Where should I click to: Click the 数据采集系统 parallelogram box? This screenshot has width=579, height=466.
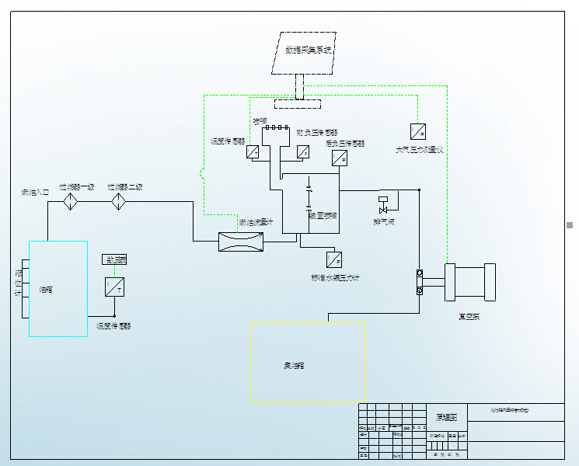tap(305, 52)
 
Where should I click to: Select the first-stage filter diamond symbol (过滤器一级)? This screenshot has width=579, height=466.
tap(71, 202)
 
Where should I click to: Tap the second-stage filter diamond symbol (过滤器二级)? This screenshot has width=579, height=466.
tap(118, 202)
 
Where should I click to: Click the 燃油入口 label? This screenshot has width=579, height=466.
tap(36, 191)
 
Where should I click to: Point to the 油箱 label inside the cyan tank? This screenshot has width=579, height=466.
tap(47, 290)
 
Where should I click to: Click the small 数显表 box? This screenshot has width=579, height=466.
tap(114, 260)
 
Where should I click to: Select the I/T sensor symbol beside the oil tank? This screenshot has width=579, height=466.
tap(114, 287)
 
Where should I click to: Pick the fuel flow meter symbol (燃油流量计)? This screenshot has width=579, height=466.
tap(242, 242)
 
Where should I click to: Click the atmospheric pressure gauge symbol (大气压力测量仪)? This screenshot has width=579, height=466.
tap(417, 130)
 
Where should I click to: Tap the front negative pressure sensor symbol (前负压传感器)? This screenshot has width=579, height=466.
tap(303, 151)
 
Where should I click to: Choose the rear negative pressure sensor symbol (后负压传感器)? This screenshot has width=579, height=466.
tap(339, 158)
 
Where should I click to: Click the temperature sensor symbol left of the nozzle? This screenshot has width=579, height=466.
tap(253, 152)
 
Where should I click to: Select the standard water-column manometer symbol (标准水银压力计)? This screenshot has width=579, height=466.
tap(334, 259)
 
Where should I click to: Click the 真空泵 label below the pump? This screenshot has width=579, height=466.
tap(469, 316)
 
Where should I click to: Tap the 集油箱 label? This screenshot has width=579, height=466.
tap(294, 365)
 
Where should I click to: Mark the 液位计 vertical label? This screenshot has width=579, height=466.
tap(18, 283)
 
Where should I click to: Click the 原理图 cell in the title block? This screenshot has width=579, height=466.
tap(447, 417)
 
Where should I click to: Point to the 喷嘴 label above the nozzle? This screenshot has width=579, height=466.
tap(260, 121)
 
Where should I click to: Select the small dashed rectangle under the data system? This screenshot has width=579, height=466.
tap(298, 104)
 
